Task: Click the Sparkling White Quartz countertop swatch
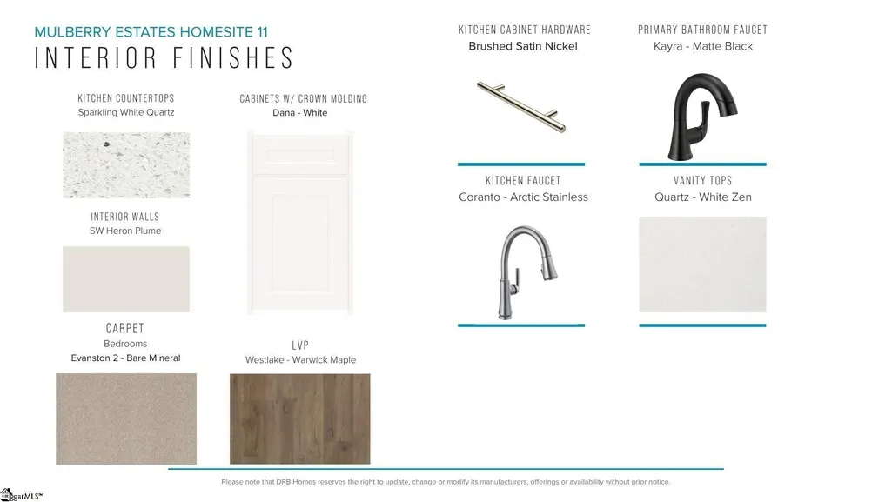[x=126, y=165]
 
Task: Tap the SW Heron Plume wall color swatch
[x=126, y=279]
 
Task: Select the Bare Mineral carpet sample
[x=126, y=419]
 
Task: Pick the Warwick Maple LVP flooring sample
[x=299, y=419]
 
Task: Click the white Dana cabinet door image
[x=300, y=223]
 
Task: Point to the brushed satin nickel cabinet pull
[x=521, y=107]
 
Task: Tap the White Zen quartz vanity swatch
[x=702, y=264]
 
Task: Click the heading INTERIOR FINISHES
[x=164, y=58]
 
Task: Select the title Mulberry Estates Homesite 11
[x=151, y=32]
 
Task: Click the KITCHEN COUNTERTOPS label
[x=126, y=98]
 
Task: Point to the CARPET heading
[x=125, y=329]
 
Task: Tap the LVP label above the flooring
[x=300, y=345]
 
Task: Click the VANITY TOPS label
[x=702, y=181]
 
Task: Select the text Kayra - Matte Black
[x=703, y=46]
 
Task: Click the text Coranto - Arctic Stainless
[x=523, y=197]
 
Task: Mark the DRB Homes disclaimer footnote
[x=446, y=481]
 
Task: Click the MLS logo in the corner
[x=21, y=495]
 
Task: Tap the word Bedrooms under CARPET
[x=125, y=344]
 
